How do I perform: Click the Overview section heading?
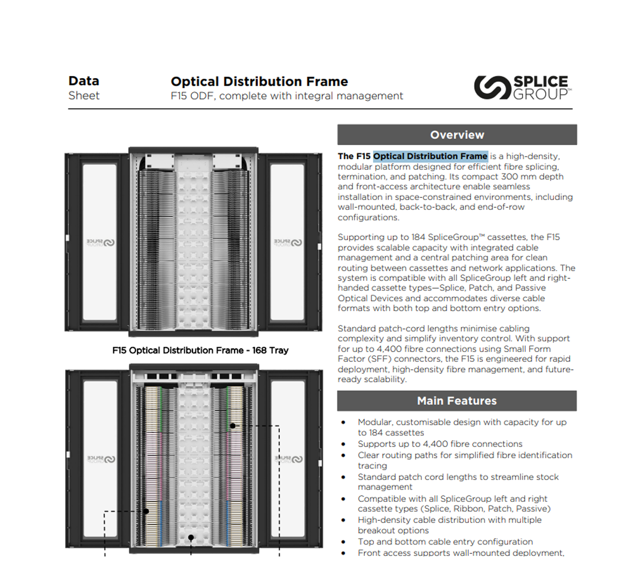pyautogui.click(x=457, y=135)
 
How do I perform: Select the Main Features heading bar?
pyautogui.click(x=457, y=401)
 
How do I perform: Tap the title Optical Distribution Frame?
pyautogui.click(x=259, y=81)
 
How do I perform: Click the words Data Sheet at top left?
pyautogui.click(x=84, y=88)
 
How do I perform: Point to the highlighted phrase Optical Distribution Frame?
pyautogui.click(x=430, y=156)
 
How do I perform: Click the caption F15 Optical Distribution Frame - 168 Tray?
pyautogui.click(x=200, y=350)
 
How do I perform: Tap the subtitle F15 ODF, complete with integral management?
pyautogui.click(x=287, y=96)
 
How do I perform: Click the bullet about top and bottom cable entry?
pyautogui.click(x=445, y=541)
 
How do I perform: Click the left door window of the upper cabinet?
pyautogui.click(x=100, y=243)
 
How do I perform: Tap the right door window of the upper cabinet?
pyautogui.click(x=287, y=243)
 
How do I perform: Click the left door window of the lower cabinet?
pyautogui.click(x=101, y=458)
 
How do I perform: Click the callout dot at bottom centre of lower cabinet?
pyautogui.click(x=191, y=538)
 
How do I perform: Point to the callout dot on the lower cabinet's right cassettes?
pyautogui.click(x=233, y=426)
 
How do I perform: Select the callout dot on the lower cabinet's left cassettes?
pyautogui.click(x=145, y=511)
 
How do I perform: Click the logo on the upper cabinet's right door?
pyautogui.click(x=288, y=243)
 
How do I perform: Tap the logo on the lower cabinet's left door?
pyautogui.click(x=101, y=459)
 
